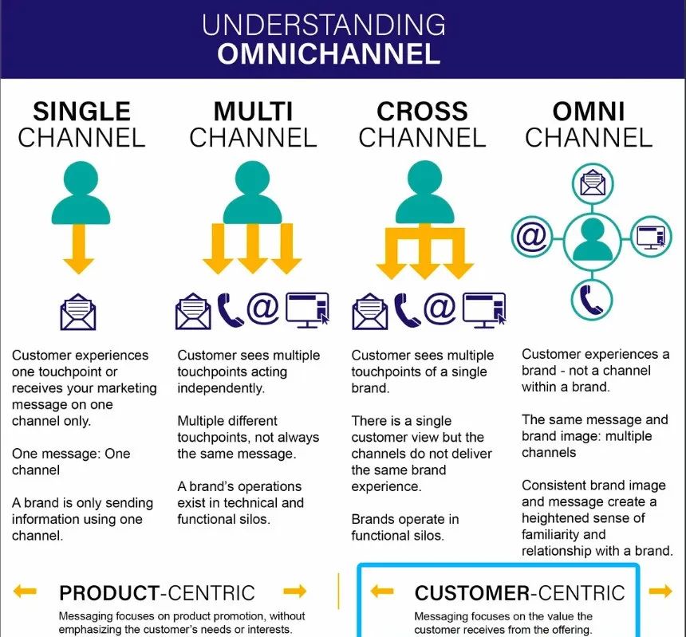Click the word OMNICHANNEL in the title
[329, 53]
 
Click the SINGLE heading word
[81, 111]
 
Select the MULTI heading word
[252, 111]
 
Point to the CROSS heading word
[422, 111]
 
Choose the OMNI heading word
[589, 111]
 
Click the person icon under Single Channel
[81, 194]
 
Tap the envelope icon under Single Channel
[78, 312]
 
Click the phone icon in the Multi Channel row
[231, 310]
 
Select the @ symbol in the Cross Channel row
[440, 309]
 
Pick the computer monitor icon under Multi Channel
[308, 309]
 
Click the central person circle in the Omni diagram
[592, 239]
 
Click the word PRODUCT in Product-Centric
[108, 592]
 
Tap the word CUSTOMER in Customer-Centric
[471, 592]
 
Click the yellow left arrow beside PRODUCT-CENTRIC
[25, 591]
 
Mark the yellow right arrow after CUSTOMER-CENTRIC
[660, 591]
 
